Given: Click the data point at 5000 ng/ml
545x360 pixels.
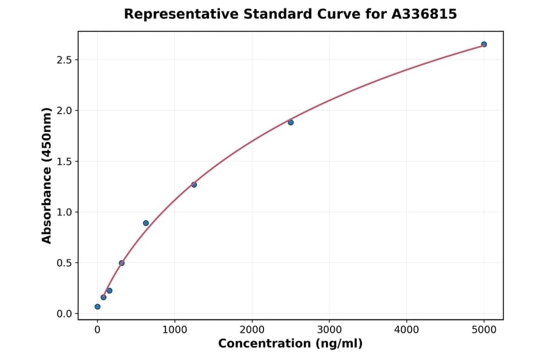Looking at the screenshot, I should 484,44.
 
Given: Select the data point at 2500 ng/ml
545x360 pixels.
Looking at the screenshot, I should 291,122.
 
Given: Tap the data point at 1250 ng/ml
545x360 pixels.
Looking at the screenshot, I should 194,184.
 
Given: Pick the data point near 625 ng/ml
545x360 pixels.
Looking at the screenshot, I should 146,223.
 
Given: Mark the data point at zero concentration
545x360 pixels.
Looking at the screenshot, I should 97,307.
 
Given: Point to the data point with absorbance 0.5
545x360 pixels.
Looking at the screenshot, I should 122,263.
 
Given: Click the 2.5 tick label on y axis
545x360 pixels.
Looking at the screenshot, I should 64,60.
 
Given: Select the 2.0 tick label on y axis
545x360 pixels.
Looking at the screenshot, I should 64,111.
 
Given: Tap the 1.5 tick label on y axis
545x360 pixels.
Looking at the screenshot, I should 64,161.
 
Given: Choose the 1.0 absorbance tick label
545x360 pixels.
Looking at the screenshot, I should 64,212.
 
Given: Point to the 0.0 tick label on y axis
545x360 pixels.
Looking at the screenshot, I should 64,314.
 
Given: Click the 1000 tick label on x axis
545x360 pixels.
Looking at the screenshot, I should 174,330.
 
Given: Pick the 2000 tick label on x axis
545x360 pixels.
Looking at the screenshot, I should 252,330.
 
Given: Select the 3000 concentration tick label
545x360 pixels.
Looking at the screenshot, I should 329,330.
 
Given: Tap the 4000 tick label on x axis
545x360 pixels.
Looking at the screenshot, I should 406,330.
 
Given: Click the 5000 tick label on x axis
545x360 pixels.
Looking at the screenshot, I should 484,330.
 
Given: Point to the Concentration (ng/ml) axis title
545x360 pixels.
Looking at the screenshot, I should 290,344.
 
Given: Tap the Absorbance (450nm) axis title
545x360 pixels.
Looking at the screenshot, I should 47,175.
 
